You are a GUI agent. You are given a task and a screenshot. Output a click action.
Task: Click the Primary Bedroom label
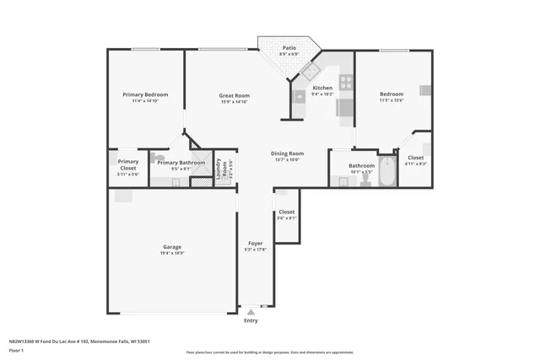click(x=145, y=94)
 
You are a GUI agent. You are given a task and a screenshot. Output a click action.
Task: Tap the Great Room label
click(x=234, y=95)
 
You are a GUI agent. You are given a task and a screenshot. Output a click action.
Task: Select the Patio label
click(x=289, y=48)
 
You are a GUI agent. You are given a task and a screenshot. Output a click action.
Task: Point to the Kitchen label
click(x=322, y=88)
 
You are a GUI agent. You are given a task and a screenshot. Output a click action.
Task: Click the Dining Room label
click(x=287, y=153)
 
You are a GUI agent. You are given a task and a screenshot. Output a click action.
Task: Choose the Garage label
click(x=172, y=247)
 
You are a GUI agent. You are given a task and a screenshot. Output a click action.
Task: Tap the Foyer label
click(x=255, y=243)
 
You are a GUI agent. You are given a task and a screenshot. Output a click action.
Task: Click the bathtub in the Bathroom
click(x=387, y=172)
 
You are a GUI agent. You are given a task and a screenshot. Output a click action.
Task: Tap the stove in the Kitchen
click(x=345, y=83)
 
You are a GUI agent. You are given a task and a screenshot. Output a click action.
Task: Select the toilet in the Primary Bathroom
click(x=159, y=157)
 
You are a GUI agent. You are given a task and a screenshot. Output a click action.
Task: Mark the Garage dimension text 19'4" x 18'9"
click(x=172, y=253)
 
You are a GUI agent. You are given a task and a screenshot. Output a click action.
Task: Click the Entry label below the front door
click(x=251, y=320)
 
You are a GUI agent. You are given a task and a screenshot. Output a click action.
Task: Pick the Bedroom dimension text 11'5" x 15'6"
click(x=391, y=100)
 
